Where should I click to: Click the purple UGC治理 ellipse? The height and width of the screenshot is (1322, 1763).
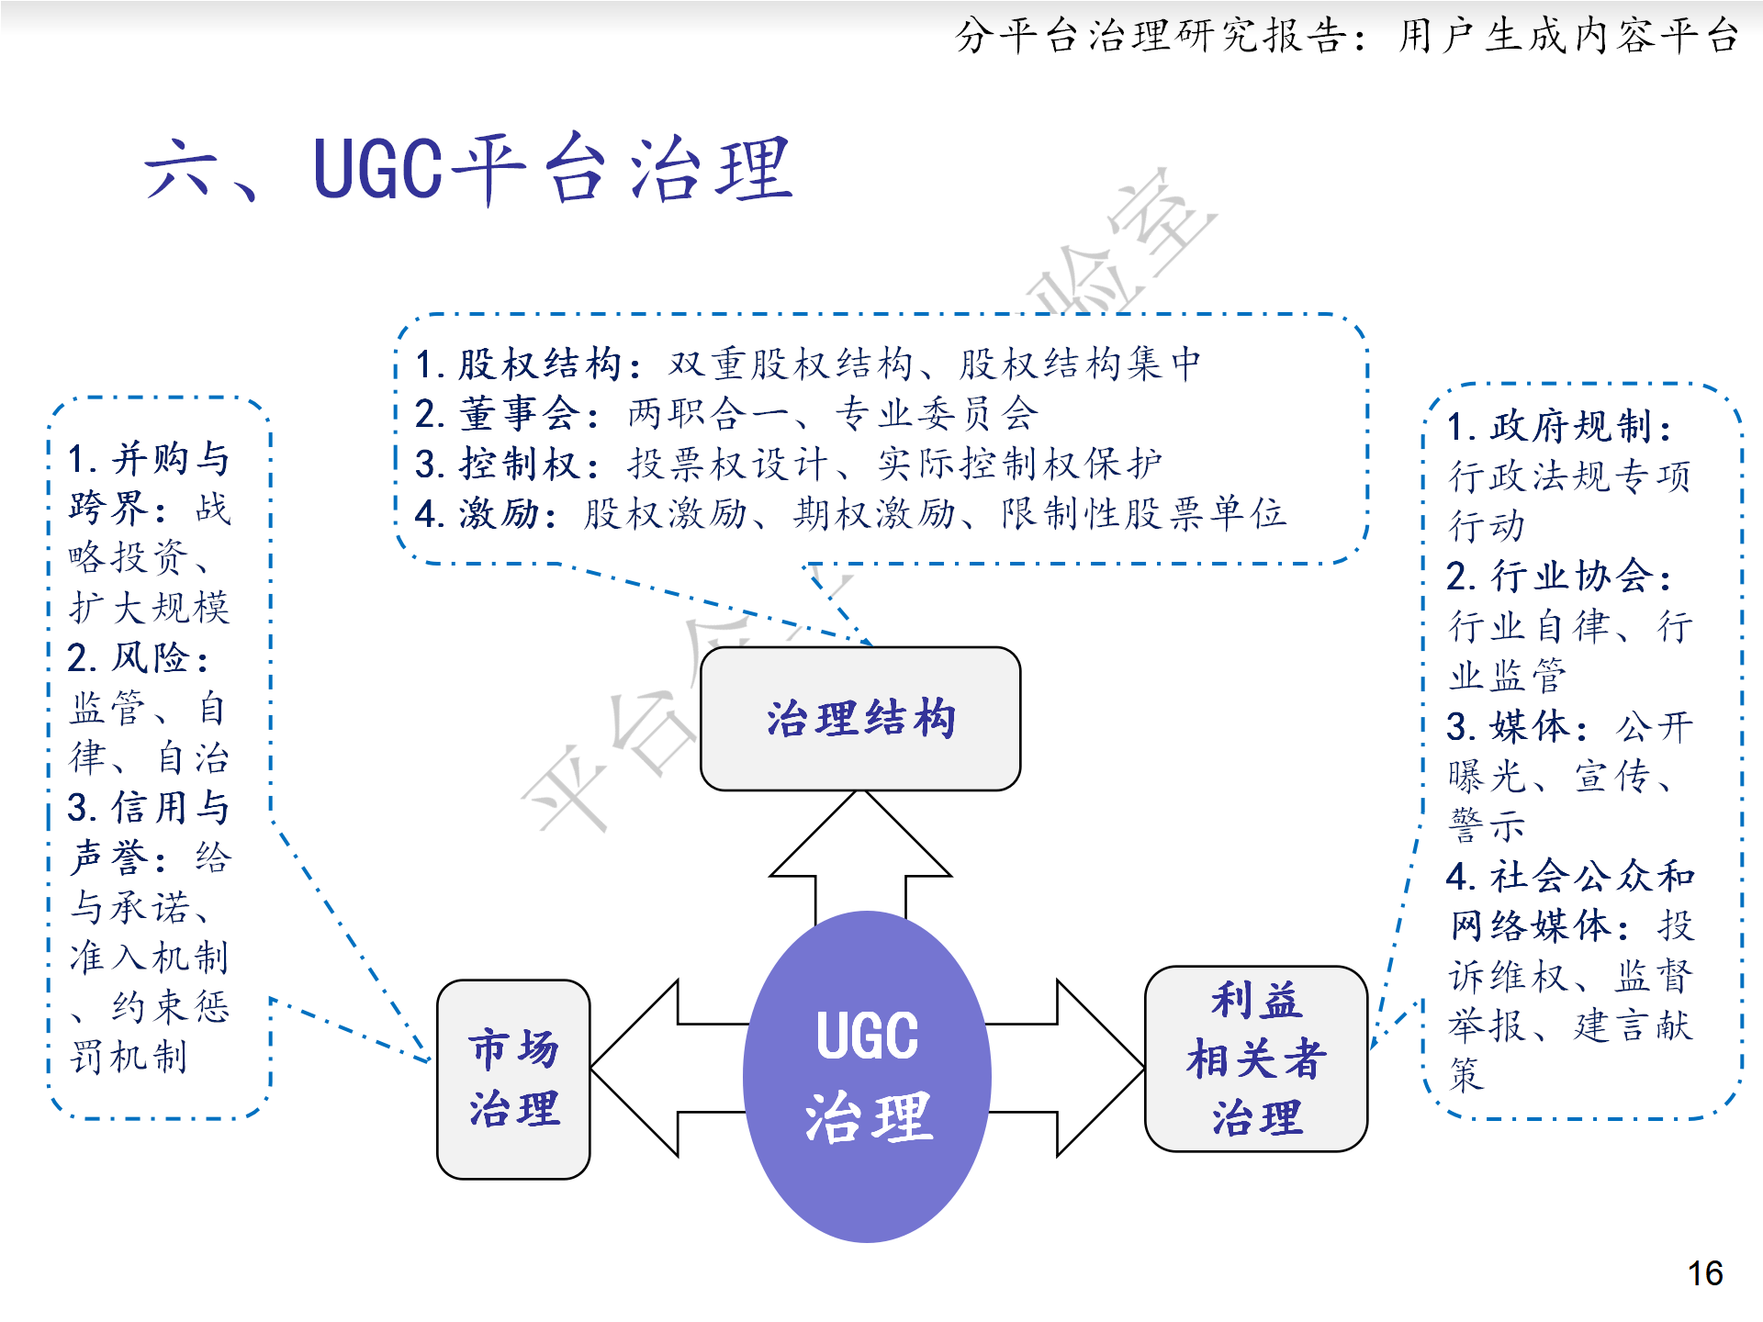coord(867,1076)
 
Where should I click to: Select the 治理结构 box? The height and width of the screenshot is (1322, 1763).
coord(860,719)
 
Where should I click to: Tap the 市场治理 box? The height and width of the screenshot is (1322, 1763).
coord(513,1079)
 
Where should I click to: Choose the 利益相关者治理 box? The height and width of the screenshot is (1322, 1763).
coord(1255,1059)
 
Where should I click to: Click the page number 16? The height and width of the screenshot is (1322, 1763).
coord(1704,1273)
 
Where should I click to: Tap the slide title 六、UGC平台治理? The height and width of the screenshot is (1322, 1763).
coord(468,170)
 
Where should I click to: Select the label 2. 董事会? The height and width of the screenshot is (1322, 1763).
coord(507,414)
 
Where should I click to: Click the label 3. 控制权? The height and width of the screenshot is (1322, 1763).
coord(507,464)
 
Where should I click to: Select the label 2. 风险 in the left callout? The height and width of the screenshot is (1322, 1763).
coord(138,658)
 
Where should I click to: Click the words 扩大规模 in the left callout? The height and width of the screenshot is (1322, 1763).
coord(149,608)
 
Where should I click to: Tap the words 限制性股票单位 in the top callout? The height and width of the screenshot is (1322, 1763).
coord(1143,513)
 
